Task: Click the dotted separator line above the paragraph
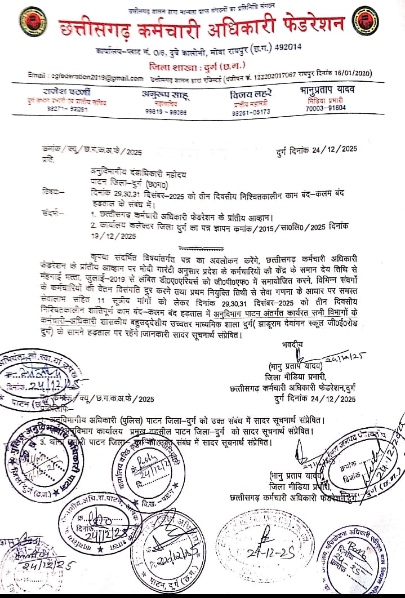[201, 247]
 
